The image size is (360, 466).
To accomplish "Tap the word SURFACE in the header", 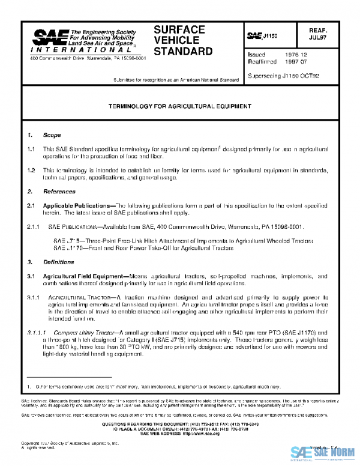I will [x=179, y=29].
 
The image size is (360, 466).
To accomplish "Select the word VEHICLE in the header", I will [x=175, y=40].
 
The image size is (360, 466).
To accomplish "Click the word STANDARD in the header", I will [x=183, y=52].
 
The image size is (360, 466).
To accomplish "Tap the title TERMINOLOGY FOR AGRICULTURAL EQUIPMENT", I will [x=180, y=106].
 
